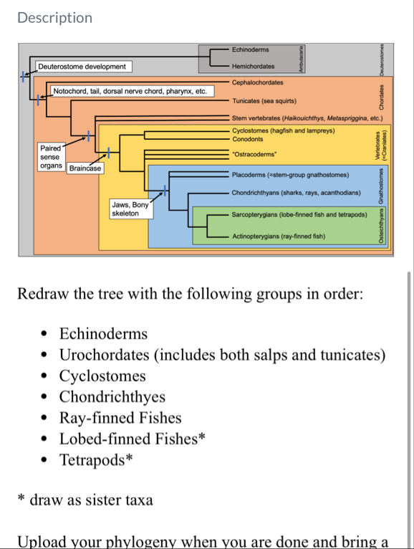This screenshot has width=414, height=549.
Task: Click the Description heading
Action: [55, 18]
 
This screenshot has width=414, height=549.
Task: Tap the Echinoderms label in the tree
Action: [251, 49]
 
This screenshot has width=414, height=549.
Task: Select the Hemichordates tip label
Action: [253, 66]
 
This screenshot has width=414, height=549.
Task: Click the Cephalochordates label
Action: [257, 83]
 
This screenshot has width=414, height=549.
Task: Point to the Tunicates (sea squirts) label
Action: [264, 101]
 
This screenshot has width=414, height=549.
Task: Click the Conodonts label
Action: [248, 139]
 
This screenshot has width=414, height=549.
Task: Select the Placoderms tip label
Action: [290, 175]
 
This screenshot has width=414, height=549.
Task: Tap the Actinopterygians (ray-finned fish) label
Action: [279, 237]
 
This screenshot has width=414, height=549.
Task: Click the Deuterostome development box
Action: [82, 67]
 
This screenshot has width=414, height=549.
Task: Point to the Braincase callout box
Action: [85, 168]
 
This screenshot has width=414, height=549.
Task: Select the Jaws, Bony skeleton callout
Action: [130, 209]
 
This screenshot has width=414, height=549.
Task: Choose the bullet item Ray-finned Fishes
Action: [120, 418]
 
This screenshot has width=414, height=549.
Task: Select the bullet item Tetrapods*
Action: [96, 459]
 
